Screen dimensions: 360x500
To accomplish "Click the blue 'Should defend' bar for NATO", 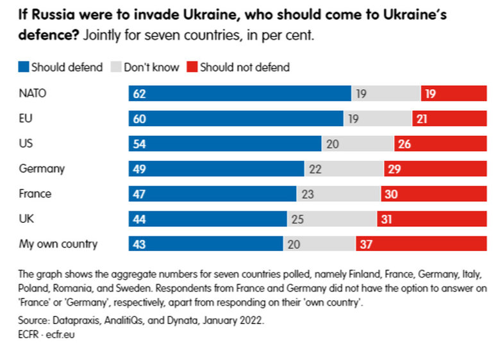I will click(x=240, y=94).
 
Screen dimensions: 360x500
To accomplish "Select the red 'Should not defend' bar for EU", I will click(x=449, y=119).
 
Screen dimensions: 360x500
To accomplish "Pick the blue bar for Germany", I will click(x=216, y=169).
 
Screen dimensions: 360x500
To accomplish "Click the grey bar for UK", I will click(x=331, y=219).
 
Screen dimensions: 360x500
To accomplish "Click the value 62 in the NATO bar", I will click(x=139, y=94).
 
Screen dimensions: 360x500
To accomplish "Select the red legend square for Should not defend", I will click(x=192, y=67).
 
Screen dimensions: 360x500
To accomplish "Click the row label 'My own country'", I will click(x=58, y=244).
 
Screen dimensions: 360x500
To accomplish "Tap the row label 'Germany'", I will click(x=42, y=169).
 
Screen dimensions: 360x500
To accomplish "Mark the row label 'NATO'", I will click(x=33, y=94).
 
